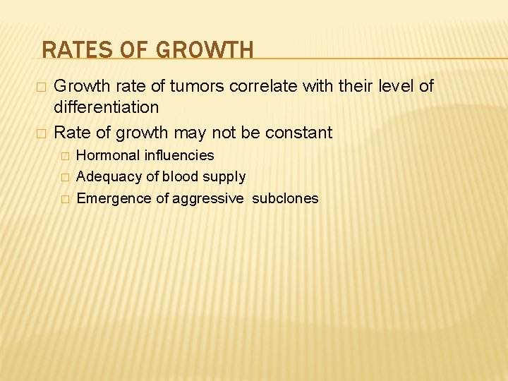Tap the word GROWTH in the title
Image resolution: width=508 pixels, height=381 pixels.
205,50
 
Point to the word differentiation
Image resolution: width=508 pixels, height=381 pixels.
107,107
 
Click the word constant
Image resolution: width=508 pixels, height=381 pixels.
298,132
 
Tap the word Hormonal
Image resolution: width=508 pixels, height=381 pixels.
107,155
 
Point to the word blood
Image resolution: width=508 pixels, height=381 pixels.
181,176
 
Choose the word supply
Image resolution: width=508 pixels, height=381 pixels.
224,177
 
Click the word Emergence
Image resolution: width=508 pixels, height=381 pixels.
113,198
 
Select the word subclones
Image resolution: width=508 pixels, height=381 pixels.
285,198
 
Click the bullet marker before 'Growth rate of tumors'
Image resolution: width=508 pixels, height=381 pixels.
42,87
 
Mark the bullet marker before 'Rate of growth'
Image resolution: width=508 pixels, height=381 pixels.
42,133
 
